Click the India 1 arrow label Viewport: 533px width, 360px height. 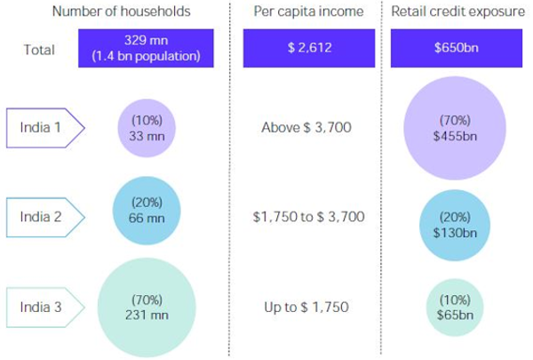coord(44,127)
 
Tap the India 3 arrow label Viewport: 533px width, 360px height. coord(44,308)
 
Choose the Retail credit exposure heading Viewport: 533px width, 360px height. coord(456,12)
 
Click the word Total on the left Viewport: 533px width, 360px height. coord(39,50)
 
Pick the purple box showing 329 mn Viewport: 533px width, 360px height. coord(147,48)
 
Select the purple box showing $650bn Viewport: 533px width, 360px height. coord(455,49)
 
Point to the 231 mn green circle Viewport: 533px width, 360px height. coord(147,307)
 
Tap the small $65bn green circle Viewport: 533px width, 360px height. coord(455,307)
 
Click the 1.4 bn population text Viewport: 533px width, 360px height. coord(147,55)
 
